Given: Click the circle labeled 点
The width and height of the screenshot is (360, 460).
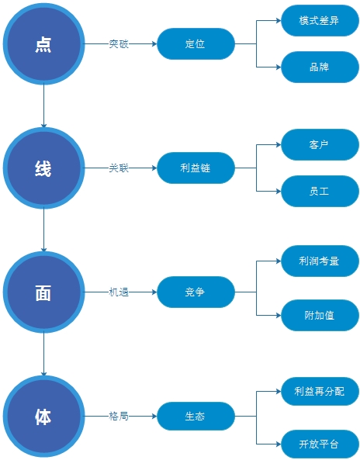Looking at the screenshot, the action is click(x=43, y=43).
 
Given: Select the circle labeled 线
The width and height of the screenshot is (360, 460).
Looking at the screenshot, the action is click(x=43, y=168).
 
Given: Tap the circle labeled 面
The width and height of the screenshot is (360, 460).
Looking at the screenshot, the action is click(x=43, y=292).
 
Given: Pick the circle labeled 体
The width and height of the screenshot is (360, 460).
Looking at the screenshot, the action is click(x=43, y=416).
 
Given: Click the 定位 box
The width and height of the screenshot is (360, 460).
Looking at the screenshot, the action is click(x=196, y=43).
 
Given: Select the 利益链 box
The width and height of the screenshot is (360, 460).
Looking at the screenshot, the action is click(x=196, y=168).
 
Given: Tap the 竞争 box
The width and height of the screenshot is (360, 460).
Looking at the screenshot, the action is click(x=196, y=292).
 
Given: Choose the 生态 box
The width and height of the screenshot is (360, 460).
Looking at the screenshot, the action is click(x=196, y=416).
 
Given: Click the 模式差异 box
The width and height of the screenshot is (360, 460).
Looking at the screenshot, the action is click(x=320, y=20).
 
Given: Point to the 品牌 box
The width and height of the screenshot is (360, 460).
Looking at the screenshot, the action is click(x=320, y=67).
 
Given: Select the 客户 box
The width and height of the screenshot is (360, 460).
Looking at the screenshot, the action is click(x=320, y=144).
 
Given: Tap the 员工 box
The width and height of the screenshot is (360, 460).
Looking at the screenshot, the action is click(x=320, y=192).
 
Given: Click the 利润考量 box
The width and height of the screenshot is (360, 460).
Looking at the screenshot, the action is click(x=320, y=261).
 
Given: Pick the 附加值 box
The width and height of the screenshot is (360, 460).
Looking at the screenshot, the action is click(x=320, y=316).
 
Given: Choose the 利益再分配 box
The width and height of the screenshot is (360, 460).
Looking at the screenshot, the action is click(x=320, y=392).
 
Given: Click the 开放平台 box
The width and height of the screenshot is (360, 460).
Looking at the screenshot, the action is click(x=320, y=444).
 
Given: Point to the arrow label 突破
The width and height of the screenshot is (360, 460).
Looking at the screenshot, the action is click(x=119, y=44).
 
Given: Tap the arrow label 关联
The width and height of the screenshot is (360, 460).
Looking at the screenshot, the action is click(x=119, y=168).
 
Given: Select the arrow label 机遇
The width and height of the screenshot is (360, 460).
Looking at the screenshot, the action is click(x=119, y=292).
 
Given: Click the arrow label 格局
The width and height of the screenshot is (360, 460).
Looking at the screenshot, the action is click(x=119, y=417).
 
